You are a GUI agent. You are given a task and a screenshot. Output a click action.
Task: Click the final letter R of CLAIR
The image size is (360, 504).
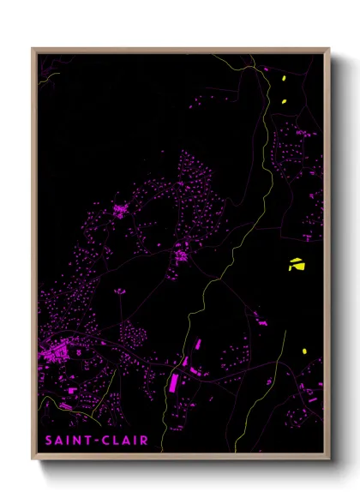144,441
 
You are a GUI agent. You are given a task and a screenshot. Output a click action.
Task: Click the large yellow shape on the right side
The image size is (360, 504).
296,264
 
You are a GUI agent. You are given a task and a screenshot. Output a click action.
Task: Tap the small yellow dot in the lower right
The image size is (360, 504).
303,351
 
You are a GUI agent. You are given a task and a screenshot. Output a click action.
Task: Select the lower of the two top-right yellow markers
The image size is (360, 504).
284,102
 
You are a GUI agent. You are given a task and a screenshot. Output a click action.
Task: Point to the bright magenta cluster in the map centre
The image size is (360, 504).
181,255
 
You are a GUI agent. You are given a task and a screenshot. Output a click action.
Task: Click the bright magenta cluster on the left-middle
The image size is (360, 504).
119,210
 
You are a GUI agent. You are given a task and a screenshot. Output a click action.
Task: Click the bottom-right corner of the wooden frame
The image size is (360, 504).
328,459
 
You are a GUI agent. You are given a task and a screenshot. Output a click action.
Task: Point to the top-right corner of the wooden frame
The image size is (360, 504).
328,49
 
